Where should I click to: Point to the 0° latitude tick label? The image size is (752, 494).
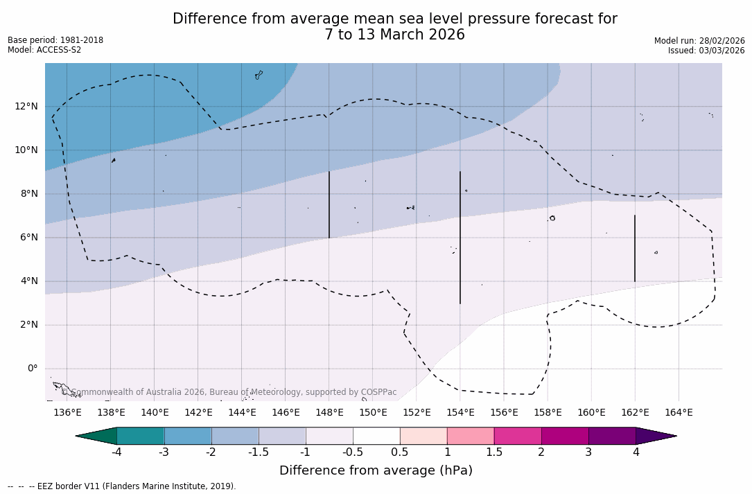coord(32,369)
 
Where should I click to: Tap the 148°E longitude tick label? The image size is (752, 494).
coord(329,413)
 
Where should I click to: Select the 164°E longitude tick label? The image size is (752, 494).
coord(679,413)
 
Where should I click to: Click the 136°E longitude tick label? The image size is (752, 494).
coord(67,413)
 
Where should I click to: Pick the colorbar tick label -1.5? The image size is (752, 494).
coord(259,452)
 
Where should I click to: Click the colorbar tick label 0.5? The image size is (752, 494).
coord(400,452)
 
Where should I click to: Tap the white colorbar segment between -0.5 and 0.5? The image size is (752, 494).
coord(376,436)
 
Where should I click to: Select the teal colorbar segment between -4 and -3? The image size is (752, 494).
coord(141,436)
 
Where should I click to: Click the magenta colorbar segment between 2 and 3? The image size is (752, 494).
coord(565,436)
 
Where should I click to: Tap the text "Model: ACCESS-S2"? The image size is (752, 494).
coord(44,50)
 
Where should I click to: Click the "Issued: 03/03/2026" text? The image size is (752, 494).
coord(706,51)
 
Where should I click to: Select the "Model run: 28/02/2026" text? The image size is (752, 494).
coord(699,41)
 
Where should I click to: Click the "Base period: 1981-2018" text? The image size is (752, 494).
coord(55,40)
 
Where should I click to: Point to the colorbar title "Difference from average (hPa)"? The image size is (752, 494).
coord(376,471)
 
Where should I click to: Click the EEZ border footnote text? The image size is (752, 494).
coord(122,486)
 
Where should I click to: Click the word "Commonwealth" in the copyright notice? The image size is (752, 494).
coord(101,392)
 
